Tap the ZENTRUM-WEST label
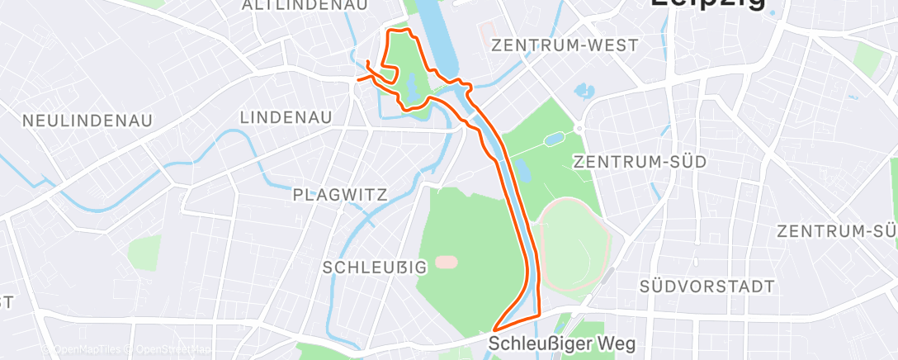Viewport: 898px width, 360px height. [565, 45]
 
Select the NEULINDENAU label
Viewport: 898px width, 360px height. [87, 121]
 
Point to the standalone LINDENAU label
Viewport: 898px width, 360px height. [286, 118]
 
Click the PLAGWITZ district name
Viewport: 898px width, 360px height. [339, 195]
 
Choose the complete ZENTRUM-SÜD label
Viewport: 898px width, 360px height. [640, 162]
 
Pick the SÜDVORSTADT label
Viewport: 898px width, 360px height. [707, 287]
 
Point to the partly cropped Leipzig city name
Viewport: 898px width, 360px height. [707, 4]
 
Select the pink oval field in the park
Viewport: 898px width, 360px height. [447, 262]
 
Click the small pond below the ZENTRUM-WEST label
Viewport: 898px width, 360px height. [584, 89]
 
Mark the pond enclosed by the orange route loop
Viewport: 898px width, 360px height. [411, 85]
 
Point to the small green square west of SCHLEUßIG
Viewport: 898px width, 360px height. [145, 251]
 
